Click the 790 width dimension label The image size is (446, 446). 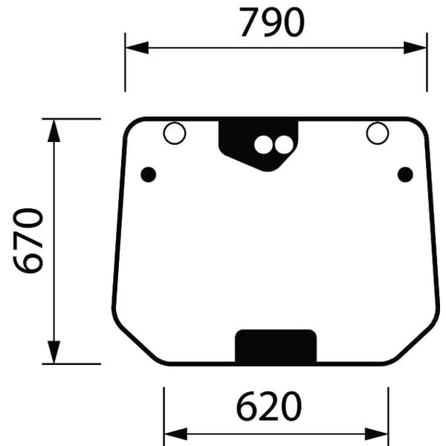click(x=272, y=22)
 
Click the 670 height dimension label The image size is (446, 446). click(x=28, y=241)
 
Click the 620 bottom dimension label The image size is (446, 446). click(x=269, y=406)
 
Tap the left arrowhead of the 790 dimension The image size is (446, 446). click(x=137, y=48)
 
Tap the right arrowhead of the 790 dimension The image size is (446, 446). click(x=415, y=48)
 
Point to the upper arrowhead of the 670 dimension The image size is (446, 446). click(x=54, y=131)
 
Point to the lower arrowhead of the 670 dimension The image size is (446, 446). click(x=54, y=352)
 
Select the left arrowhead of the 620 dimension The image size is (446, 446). click(x=176, y=434)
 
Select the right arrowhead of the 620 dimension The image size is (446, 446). click(x=376, y=434)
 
